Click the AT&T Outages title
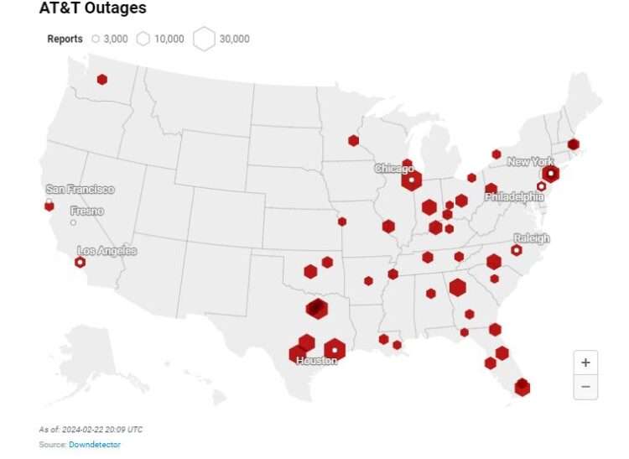click(x=92, y=8)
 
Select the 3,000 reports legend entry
click(x=109, y=39)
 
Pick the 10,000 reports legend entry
click(x=159, y=39)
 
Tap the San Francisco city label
click(x=80, y=190)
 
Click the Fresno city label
click(x=87, y=211)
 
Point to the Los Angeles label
click(x=107, y=250)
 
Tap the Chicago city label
click(x=394, y=169)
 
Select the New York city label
click(x=531, y=161)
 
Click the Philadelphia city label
click(x=514, y=196)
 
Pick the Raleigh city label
click(x=532, y=238)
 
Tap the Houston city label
click(x=316, y=360)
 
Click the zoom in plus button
click(x=585, y=363)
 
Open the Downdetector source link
click(x=95, y=444)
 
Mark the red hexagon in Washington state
click(x=101, y=80)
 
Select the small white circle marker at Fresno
click(x=73, y=222)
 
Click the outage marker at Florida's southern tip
click(x=522, y=387)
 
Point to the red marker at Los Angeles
click(x=80, y=262)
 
